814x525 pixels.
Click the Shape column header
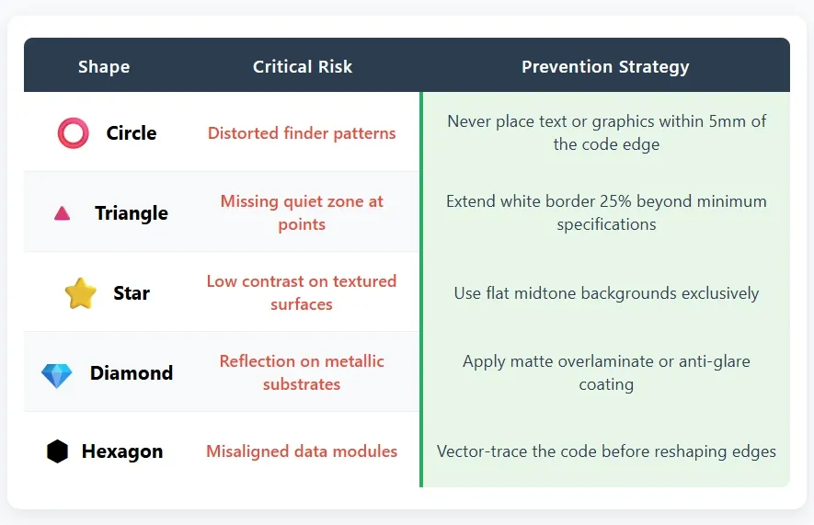point(104,66)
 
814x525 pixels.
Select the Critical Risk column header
point(303,66)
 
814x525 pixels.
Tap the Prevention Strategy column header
point(605,66)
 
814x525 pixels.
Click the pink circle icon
point(73,133)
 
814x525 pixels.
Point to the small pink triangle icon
point(62,213)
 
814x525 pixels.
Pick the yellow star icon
point(80,293)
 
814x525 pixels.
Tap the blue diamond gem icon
point(57,374)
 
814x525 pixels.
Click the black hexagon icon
point(57,451)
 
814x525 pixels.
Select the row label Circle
point(132,133)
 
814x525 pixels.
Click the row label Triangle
point(132,213)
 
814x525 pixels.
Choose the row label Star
point(132,293)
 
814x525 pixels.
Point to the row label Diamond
point(132,373)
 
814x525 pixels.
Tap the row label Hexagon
point(122,451)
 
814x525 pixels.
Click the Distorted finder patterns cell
point(302,133)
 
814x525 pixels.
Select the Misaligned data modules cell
point(302,451)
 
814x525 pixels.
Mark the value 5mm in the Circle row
point(729,121)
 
